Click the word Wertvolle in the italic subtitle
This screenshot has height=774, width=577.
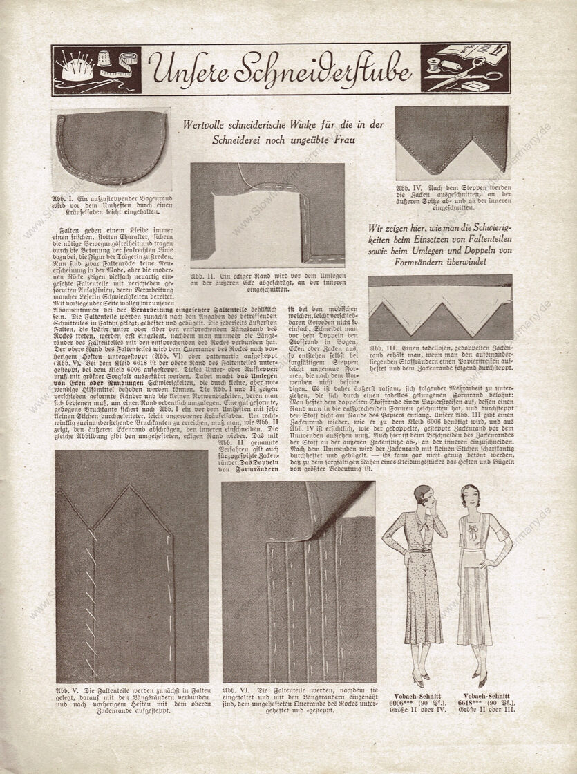208,125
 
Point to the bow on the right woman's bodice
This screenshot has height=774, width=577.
474,534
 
